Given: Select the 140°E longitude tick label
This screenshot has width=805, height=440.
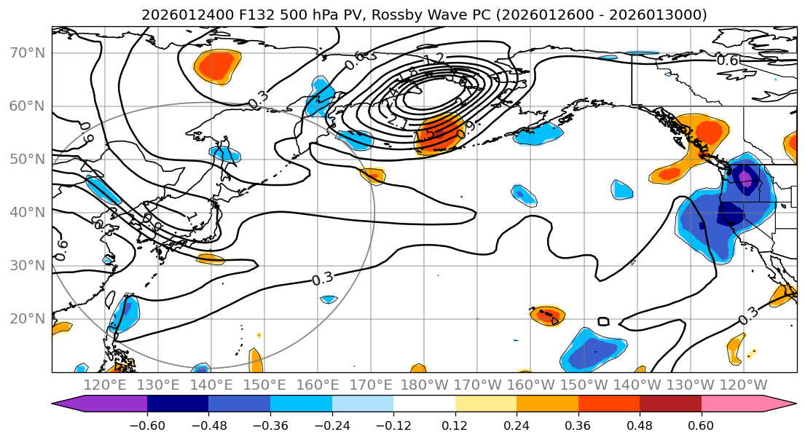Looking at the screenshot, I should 211,385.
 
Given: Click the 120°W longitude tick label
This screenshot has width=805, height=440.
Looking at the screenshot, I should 743,385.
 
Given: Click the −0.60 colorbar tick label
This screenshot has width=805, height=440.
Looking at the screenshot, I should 147,425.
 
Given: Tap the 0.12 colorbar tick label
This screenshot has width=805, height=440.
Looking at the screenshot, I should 455,425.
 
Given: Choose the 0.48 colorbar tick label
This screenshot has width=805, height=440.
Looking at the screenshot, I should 640,425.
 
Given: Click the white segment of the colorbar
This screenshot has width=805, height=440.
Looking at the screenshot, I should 424,406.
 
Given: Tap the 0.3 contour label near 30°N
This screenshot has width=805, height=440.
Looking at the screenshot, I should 322,278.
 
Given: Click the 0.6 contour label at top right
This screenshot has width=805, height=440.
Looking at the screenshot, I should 728,60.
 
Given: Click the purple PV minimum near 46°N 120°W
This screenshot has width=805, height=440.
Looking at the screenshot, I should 745,177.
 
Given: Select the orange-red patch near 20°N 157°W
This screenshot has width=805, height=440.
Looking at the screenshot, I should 546,315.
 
